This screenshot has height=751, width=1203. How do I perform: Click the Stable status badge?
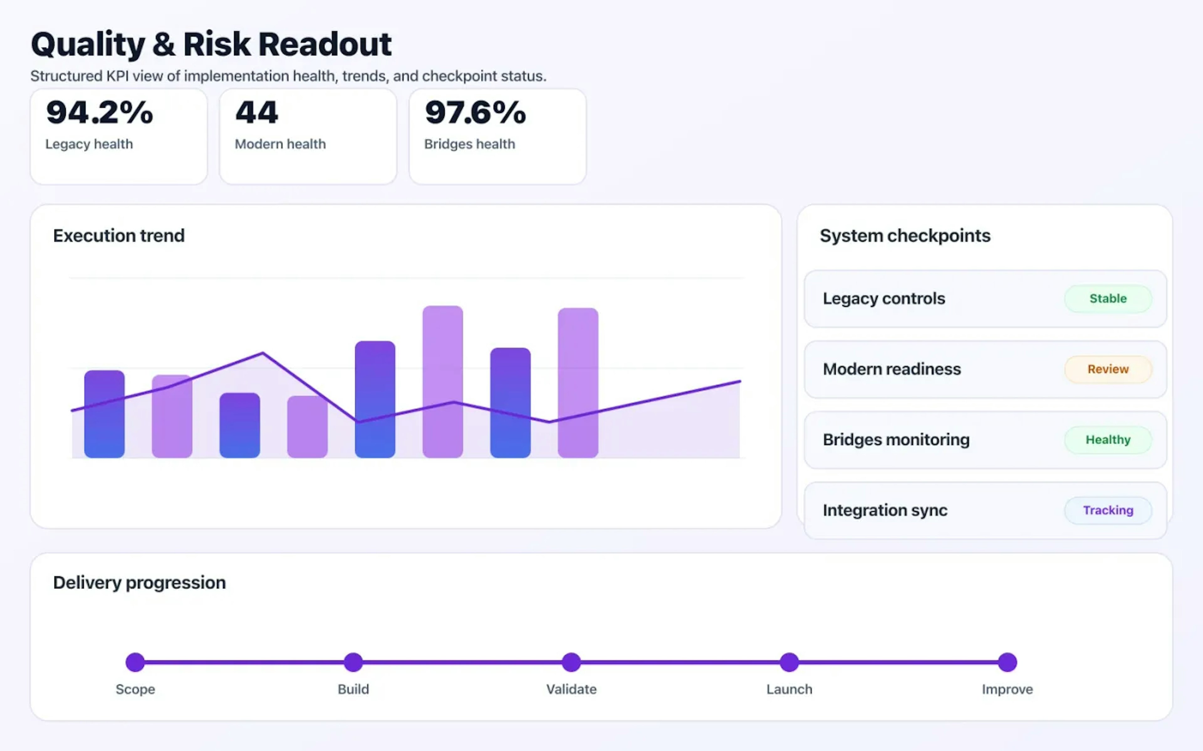[x=1107, y=299]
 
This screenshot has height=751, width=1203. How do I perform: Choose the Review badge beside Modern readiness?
[x=1107, y=369]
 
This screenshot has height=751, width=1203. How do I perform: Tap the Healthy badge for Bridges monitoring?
[x=1107, y=440]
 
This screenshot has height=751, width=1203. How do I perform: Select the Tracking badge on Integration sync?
[x=1107, y=510]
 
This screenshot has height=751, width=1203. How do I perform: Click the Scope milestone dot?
[x=135, y=662]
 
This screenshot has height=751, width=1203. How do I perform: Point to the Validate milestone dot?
[x=571, y=662]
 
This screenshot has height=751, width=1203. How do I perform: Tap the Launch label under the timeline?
[x=789, y=689]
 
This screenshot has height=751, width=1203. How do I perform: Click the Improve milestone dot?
[x=1007, y=662]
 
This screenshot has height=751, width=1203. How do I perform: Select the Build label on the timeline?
[x=353, y=689]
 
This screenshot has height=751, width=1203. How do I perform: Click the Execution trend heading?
[x=119, y=235]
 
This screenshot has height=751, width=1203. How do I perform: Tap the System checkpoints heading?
[x=905, y=235]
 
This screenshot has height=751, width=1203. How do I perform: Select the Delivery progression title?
[x=139, y=582]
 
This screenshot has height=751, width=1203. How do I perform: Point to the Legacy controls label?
[x=884, y=299]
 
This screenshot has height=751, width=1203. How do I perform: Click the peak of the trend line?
[x=263, y=353]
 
